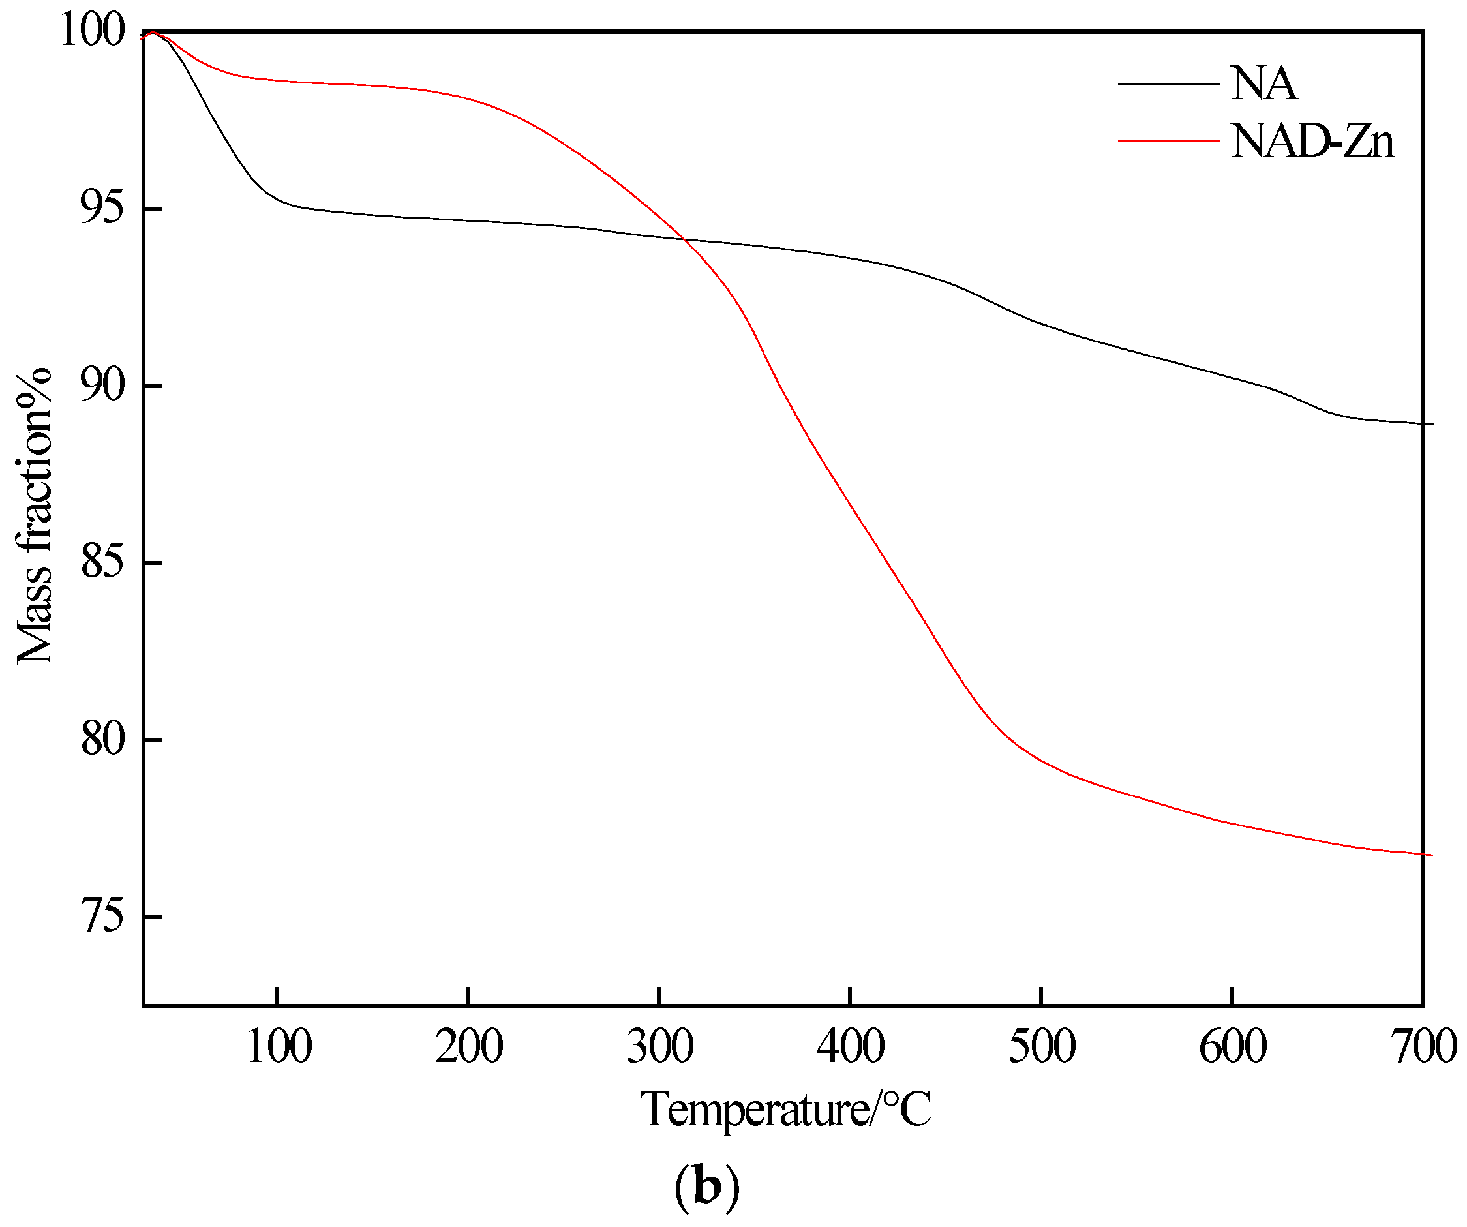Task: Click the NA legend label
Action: click(x=1263, y=85)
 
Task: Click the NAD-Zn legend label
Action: click(x=1312, y=142)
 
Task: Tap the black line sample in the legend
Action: click(x=1169, y=85)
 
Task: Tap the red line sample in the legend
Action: click(x=1169, y=141)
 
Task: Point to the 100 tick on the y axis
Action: click(x=92, y=31)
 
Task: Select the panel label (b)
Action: click(x=706, y=1188)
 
